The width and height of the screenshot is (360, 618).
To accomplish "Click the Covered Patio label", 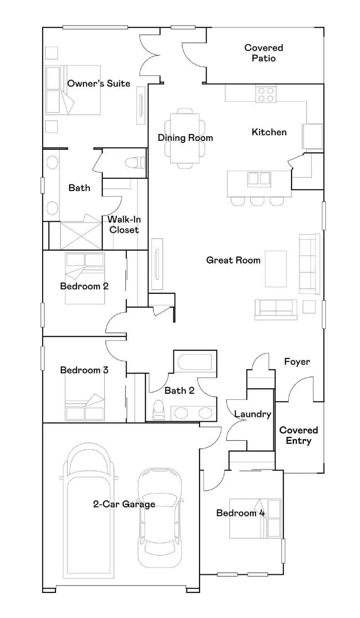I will click(263, 53).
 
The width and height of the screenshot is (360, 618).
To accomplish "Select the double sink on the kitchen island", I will click(259, 178).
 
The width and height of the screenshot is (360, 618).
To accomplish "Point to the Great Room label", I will click(233, 260).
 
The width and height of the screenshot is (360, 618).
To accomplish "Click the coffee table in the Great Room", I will click(276, 269).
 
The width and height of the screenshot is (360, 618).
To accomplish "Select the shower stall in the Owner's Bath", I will click(81, 235).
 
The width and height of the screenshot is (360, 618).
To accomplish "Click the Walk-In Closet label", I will click(124, 225).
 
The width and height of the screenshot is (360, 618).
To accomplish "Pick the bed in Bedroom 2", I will click(85, 278).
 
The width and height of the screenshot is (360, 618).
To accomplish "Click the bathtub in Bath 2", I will click(195, 362).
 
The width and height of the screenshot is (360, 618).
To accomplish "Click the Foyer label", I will click(297, 362).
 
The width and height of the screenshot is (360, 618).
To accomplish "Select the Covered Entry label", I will click(299, 435).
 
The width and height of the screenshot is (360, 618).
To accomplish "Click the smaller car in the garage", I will click(160, 518).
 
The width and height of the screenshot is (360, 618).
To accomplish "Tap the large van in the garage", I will click(88, 514).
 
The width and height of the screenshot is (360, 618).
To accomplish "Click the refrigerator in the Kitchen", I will click(312, 136).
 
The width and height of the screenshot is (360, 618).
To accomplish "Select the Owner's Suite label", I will click(98, 83).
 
